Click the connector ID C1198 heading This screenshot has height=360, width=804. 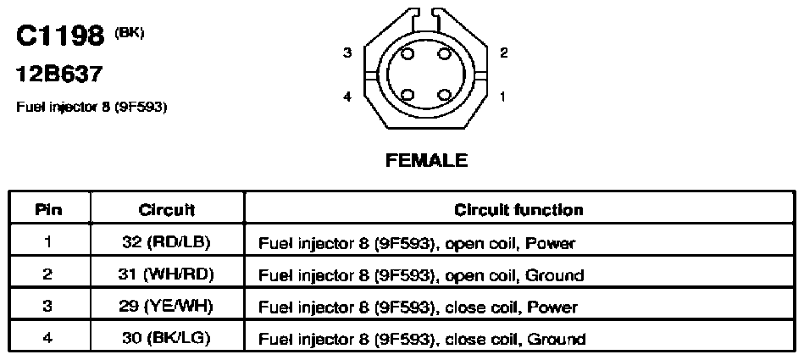click(60, 36)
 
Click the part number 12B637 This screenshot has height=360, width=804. click(59, 75)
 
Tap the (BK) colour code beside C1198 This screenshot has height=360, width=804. click(130, 33)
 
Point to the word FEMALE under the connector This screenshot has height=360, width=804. click(426, 160)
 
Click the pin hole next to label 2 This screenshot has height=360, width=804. click(444, 53)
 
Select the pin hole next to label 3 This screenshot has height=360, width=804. click(408, 53)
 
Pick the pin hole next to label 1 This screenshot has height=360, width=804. click(444, 95)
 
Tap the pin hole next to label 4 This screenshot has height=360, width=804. click(408, 95)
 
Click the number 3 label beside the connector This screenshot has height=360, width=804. click(347, 53)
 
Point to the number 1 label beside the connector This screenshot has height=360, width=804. click(503, 96)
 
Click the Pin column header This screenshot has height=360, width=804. click(48, 210)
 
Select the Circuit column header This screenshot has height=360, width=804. click(167, 210)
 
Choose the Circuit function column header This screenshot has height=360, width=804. click(518, 210)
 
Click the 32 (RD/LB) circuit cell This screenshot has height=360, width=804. click(167, 242)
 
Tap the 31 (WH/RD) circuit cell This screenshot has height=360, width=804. click(167, 275)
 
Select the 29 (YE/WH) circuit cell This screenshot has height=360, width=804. click(167, 307)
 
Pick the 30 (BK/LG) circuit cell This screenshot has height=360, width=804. click(167, 339)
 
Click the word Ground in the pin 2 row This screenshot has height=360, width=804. click(556, 275)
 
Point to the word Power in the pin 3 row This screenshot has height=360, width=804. click(552, 307)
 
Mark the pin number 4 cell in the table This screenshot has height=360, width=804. click(47, 339)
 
